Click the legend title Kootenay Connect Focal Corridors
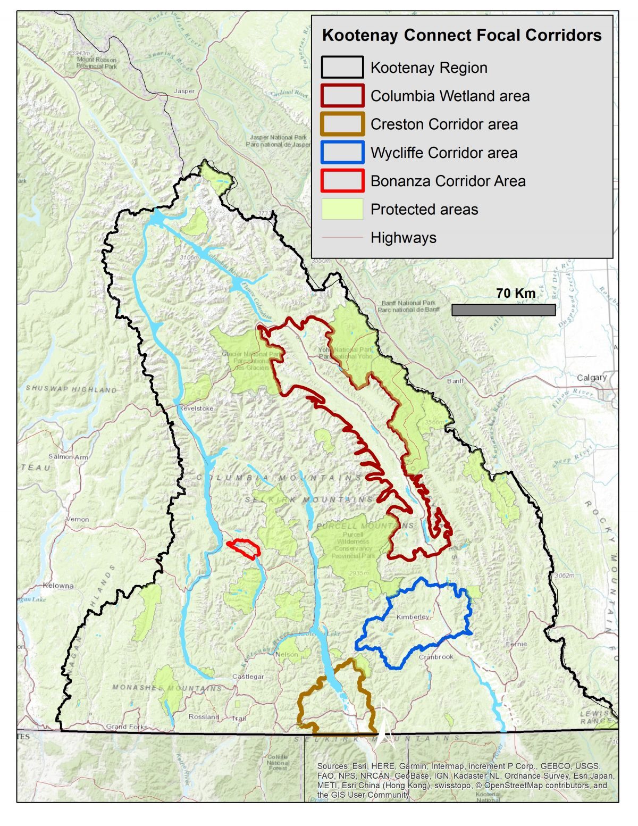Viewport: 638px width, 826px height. tap(461, 36)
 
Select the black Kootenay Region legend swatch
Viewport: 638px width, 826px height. tap(342, 68)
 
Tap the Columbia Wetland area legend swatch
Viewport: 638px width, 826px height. tap(342, 96)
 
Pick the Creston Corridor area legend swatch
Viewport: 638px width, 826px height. tap(342, 124)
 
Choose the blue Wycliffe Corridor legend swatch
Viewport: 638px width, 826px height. tap(342, 153)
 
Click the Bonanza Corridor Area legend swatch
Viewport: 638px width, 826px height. tap(342, 181)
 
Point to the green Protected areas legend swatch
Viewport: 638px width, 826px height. tap(342, 209)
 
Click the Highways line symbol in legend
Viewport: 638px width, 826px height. tap(342, 237)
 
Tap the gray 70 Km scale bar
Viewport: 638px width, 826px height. tap(503, 310)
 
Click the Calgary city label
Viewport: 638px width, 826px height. tap(592, 378)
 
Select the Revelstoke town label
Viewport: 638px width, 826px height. tap(196, 408)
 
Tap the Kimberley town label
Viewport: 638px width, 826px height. tap(413, 617)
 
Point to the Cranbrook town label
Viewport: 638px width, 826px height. tap(436, 657)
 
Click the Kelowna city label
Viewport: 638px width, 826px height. tap(58, 586)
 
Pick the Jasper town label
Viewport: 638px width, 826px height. tap(184, 91)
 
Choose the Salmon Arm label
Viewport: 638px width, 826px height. tap(68, 457)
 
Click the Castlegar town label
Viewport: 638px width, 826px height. tap(248, 677)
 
